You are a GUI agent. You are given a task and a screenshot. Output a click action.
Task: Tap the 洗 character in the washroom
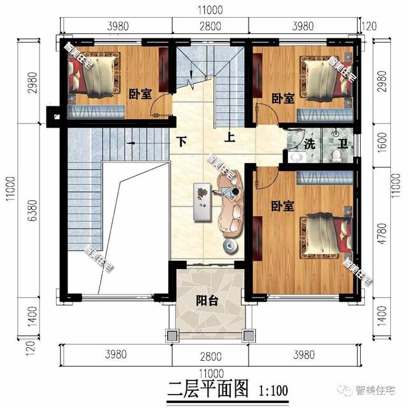(x=310, y=143)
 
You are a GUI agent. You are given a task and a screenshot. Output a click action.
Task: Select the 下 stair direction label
(x=182, y=142)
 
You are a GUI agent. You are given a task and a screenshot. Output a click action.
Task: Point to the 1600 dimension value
(x=381, y=144)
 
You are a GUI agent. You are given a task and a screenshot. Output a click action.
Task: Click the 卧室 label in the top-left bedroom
(x=140, y=94)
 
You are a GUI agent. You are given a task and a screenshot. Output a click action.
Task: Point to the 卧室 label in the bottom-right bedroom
(x=282, y=206)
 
